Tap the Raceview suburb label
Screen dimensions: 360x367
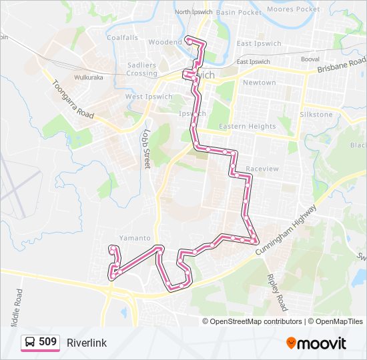pyautogui.click(x=262, y=169)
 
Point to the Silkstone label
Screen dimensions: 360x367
pyautogui.click(x=316, y=115)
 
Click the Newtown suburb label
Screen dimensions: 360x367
pyautogui.click(x=259, y=83)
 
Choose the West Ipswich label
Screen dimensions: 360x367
pyautogui.click(x=149, y=97)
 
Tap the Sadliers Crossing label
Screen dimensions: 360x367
pyautogui.click(x=141, y=69)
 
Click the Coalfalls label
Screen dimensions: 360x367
pyautogui.click(x=122, y=38)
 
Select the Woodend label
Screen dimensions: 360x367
pyautogui.click(x=165, y=42)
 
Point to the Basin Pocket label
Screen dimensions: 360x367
pyautogui.click(x=239, y=12)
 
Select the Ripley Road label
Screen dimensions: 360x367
pyautogui.click(x=276, y=293)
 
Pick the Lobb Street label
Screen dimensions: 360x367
pyautogui.click(x=146, y=149)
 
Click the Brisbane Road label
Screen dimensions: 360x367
pyautogui.click(x=342, y=65)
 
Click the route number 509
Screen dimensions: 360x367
pyautogui.click(x=47, y=342)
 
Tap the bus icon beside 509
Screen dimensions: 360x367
pyautogui.click(x=31, y=342)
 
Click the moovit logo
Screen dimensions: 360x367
pyautogui.click(x=316, y=343)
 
